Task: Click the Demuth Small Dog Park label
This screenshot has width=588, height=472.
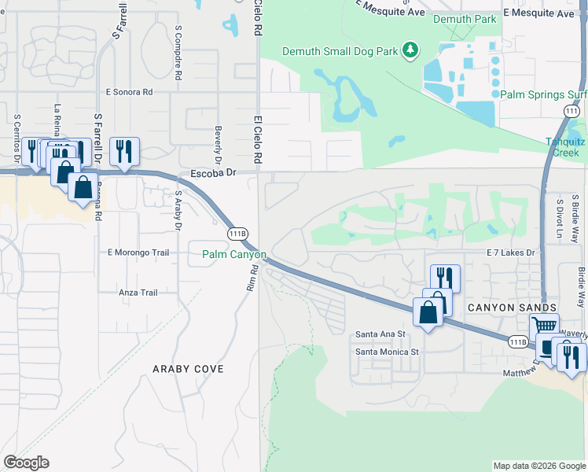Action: tap(340, 52)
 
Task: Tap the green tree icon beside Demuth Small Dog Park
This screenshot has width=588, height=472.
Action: tap(409, 51)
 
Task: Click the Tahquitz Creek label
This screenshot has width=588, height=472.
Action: tap(566, 147)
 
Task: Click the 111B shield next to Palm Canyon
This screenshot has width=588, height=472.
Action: tap(237, 234)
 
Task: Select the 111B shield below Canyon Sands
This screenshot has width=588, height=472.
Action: tap(517, 341)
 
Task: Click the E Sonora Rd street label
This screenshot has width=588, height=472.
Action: tap(127, 92)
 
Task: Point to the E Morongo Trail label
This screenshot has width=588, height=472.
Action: tap(138, 253)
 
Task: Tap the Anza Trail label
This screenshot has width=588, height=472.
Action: tap(138, 293)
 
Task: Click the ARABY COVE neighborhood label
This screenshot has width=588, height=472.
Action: tap(188, 368)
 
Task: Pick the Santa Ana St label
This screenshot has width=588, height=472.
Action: tap(380, 334)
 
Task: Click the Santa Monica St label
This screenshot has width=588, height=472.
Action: tap(387, 352)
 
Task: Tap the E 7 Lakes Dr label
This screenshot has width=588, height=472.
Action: tap(510, 253)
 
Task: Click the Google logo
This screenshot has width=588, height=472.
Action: tap(26, 463)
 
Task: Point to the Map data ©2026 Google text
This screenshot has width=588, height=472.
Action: tap(538, 466)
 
